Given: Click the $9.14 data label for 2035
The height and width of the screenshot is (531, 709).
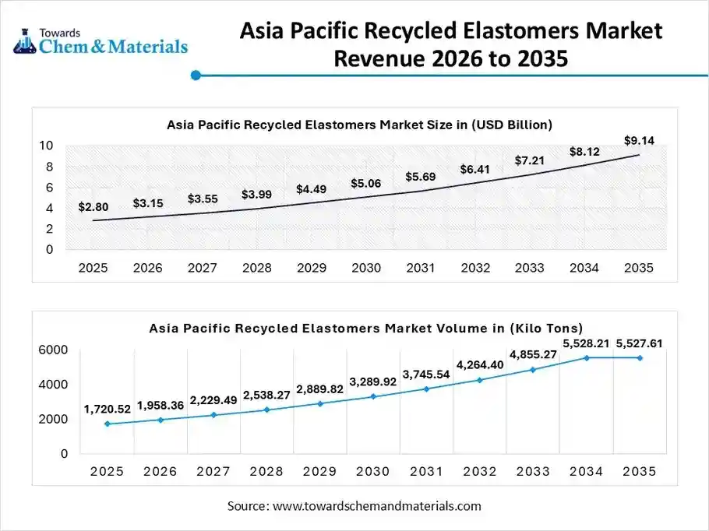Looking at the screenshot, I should coord(639,140).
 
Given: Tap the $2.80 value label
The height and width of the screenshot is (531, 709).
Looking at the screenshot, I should coord(93,207).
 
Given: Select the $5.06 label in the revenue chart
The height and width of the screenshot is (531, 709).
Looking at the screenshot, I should coord(365,183).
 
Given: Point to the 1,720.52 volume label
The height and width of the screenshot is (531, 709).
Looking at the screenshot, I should coord(107,410).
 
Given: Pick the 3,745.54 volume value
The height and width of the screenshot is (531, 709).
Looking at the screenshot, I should coord(425,374).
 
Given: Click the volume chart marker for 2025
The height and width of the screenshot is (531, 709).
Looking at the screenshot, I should coord(107,424).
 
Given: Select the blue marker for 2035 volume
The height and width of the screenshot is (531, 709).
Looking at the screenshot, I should coord(640,357).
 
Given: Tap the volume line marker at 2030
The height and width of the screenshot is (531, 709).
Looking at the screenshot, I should coord(373,396).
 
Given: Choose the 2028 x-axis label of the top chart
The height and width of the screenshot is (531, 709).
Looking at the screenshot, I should coord(256,268).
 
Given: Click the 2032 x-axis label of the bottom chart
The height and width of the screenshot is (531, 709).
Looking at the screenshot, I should coord(479,472).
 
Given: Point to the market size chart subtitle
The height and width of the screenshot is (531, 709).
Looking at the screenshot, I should coord(359,124).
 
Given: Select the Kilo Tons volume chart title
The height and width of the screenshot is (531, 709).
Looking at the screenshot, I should coord(365,329).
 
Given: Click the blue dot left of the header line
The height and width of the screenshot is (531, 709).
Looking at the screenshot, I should coord(196,76).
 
